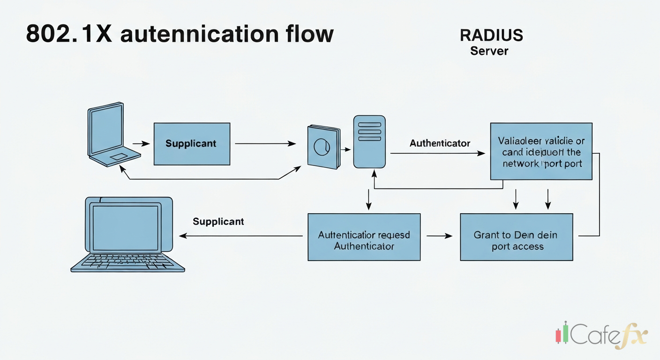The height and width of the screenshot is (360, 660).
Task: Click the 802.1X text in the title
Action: click(x=68, y=34)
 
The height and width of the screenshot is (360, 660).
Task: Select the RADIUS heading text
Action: click(x=491, y=35)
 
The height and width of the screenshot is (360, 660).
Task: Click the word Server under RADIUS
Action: click(x=489, y=51)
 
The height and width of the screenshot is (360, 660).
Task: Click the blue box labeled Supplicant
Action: click(x=192, y=143)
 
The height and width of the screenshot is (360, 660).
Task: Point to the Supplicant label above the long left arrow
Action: click(x=218, y=221)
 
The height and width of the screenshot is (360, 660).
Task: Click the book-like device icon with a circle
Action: click(x=323, y=147)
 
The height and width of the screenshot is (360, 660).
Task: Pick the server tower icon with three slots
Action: click(x=369, y=142)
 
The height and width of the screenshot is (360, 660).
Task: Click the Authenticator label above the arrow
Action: click(x=440, y=143)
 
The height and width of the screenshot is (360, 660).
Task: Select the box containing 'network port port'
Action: click(x=541, y=151)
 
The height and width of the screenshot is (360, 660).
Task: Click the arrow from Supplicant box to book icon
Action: click(x=265, y=144)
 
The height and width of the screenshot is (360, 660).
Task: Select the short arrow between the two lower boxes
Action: click(x=440, y=236)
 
